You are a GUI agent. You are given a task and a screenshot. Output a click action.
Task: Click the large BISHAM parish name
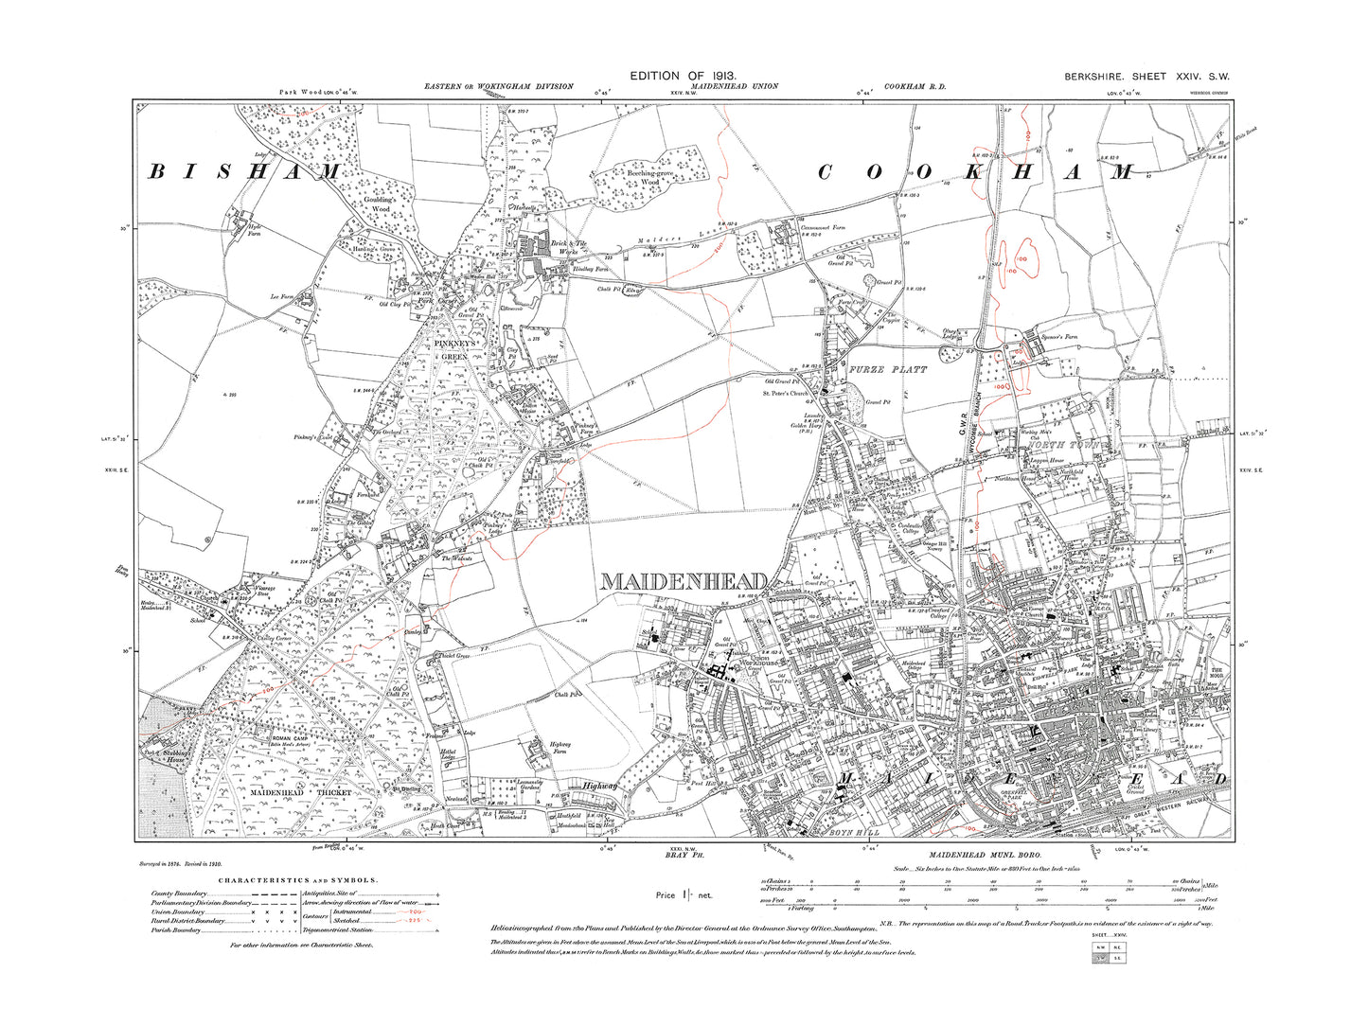[244, 171]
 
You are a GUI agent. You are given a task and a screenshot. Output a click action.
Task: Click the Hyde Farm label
[253, 229]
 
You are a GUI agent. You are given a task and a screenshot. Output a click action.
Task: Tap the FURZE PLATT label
[887, 369]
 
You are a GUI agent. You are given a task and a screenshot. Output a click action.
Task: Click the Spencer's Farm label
[1057, 337]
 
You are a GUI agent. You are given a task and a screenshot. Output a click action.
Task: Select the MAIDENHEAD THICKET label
[301, 792]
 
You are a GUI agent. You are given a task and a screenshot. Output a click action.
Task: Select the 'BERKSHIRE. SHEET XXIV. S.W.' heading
[1146, 77]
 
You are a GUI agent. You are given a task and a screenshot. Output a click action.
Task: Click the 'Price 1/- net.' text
[684, 894]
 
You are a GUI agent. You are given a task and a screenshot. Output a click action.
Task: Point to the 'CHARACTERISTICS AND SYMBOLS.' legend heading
[297, 880]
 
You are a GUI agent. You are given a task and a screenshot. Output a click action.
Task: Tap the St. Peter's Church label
[786, 393]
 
